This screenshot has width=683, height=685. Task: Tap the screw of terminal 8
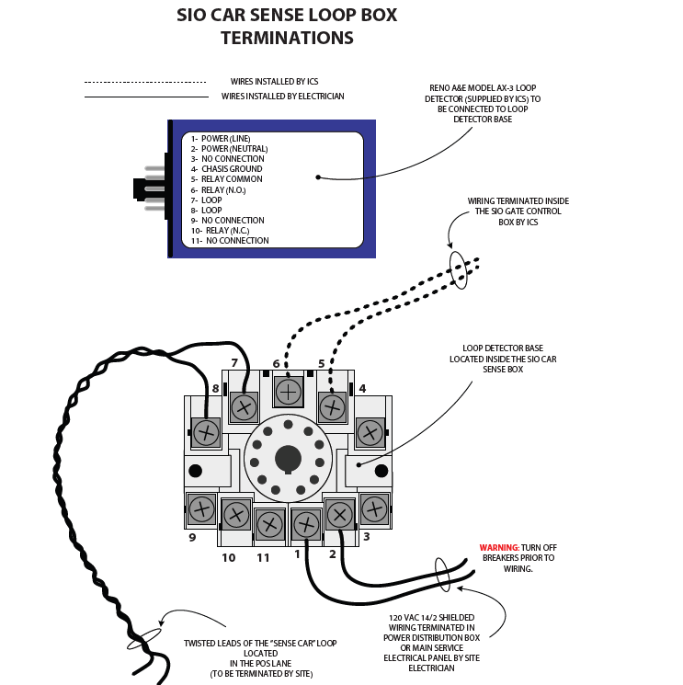tap(206, 430)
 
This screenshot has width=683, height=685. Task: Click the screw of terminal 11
tap(269, 524)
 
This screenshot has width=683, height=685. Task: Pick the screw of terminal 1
tap(305, 526)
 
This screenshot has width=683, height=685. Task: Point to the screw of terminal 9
tap(201, 508)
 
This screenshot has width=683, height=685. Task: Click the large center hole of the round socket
tap(288, 458)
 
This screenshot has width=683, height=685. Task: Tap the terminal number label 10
tap(228, 557)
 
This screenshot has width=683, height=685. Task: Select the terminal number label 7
tap(234, 362)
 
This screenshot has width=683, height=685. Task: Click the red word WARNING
tap(499, 548)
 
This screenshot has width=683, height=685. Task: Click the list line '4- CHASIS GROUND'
tap(226, 169)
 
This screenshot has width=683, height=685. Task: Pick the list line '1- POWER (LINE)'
tap(221, 139)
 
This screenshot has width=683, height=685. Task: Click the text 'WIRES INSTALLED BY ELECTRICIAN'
tap(282, 97)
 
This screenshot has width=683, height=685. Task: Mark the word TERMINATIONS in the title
tap(287, 39)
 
